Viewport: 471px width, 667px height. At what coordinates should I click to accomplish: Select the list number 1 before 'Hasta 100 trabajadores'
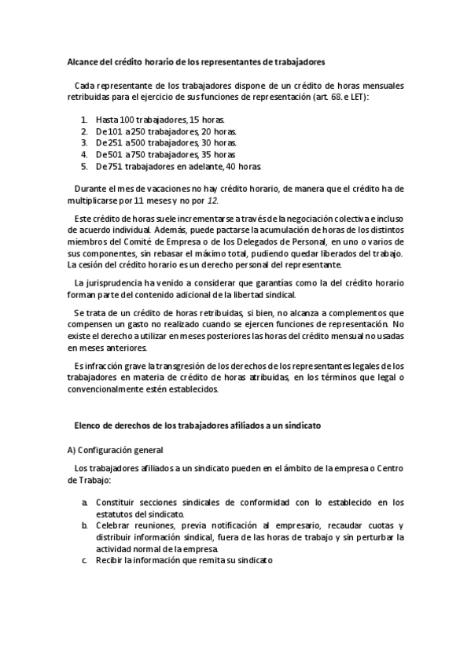click(x=85, y=118)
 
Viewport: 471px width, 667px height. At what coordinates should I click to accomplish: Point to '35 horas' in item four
click(x=219, y=155)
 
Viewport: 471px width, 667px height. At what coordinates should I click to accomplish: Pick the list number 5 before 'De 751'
click(x=85, y=167)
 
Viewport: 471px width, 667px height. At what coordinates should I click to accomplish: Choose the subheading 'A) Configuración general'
click(x=115, y=450)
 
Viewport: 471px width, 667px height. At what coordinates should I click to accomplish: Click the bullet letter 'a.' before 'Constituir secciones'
click(x=85, y=502)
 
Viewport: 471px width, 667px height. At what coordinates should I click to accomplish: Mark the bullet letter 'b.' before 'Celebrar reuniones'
click(x=85, y=525)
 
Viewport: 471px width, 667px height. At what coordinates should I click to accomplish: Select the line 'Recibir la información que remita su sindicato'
click(x=184, y=560)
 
